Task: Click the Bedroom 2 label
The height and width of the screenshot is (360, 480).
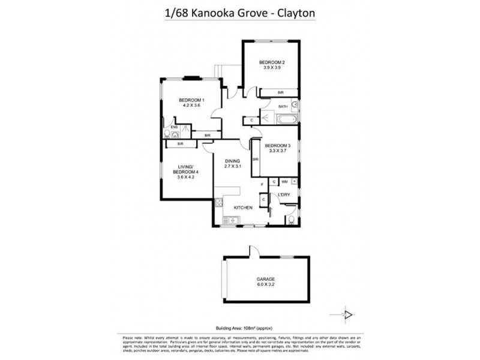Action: click(x=271, y=62)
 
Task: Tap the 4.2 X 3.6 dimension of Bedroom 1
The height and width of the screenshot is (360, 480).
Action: click(x=191, y=105)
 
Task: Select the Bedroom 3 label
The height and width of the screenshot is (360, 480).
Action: click(x=277, y=146)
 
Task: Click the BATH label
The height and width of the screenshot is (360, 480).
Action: click(x=283, y=106)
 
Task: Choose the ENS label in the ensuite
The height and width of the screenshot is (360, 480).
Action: click(x=173, y=127)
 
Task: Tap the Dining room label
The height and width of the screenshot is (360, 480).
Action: click(x=232, y=161)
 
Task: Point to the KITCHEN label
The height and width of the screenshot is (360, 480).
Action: click(x=242, y=208)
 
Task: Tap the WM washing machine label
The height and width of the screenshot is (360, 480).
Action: click(x=284, y=181)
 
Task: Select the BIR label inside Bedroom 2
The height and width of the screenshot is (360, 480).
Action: click(x=280, y=92)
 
